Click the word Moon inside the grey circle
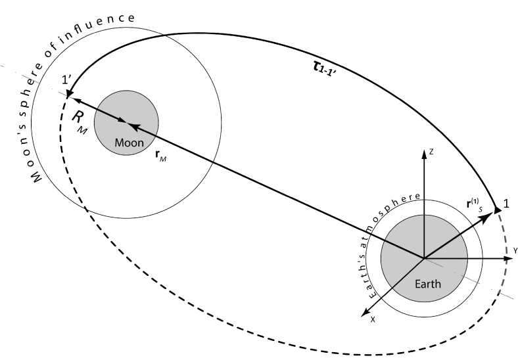(126, 143)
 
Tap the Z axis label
(431, 152)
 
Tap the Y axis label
(516, 251)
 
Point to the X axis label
(372, 319)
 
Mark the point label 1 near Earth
(507, 204)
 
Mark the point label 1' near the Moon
(66, 81)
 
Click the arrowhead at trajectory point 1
(499, 208)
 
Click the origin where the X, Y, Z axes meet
(423, 258)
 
